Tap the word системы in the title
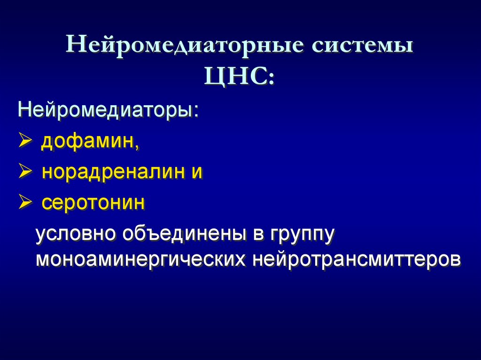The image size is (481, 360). (x=360, y=47)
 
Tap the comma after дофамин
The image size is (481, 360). (x=137, y=146)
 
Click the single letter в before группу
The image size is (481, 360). (x=257, y=234)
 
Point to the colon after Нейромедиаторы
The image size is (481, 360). (x=195, y=113)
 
